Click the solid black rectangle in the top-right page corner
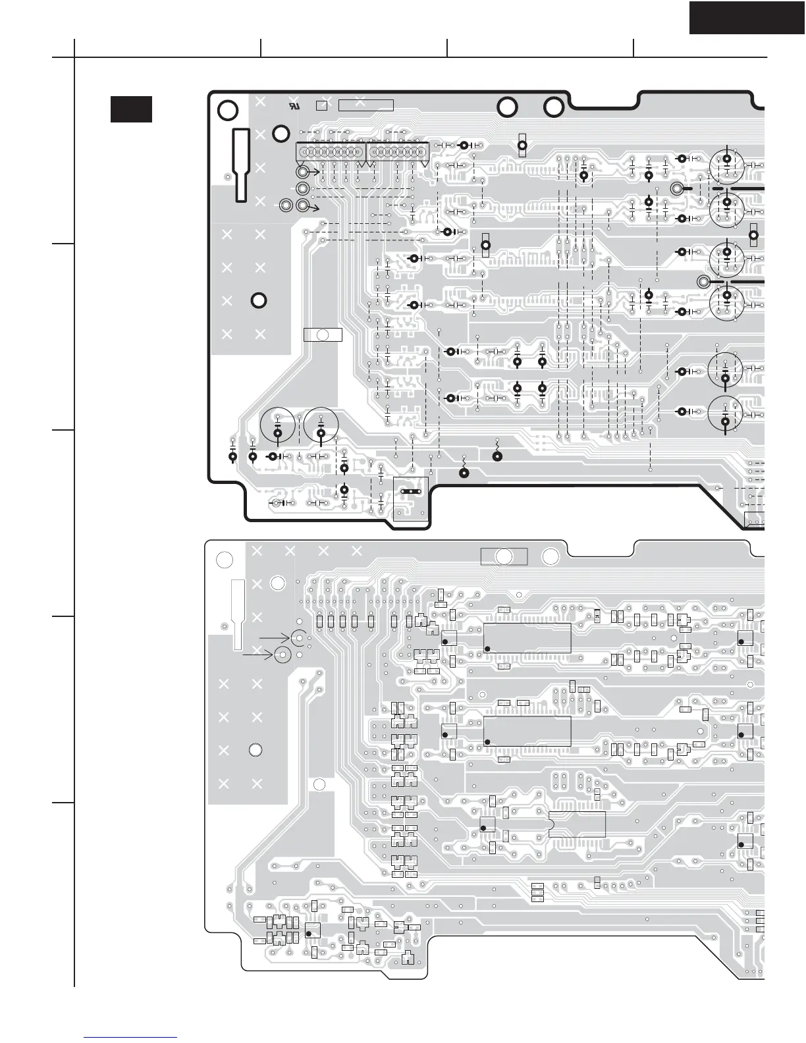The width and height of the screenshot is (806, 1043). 747,17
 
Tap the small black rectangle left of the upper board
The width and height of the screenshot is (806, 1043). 131,109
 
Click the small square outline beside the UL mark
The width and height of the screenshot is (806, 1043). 321,105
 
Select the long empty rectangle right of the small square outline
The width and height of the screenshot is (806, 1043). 365,105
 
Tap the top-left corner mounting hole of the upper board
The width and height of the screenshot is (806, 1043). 227,111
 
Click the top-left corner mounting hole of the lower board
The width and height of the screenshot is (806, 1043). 225,560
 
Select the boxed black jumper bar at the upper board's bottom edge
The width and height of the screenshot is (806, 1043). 410,491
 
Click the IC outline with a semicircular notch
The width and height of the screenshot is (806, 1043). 577,824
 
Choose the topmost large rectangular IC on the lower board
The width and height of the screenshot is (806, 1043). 527,637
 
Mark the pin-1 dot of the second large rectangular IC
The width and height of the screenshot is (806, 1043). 487,742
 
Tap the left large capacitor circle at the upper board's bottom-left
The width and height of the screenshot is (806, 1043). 277,426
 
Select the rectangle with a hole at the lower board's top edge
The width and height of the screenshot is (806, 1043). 504,556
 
